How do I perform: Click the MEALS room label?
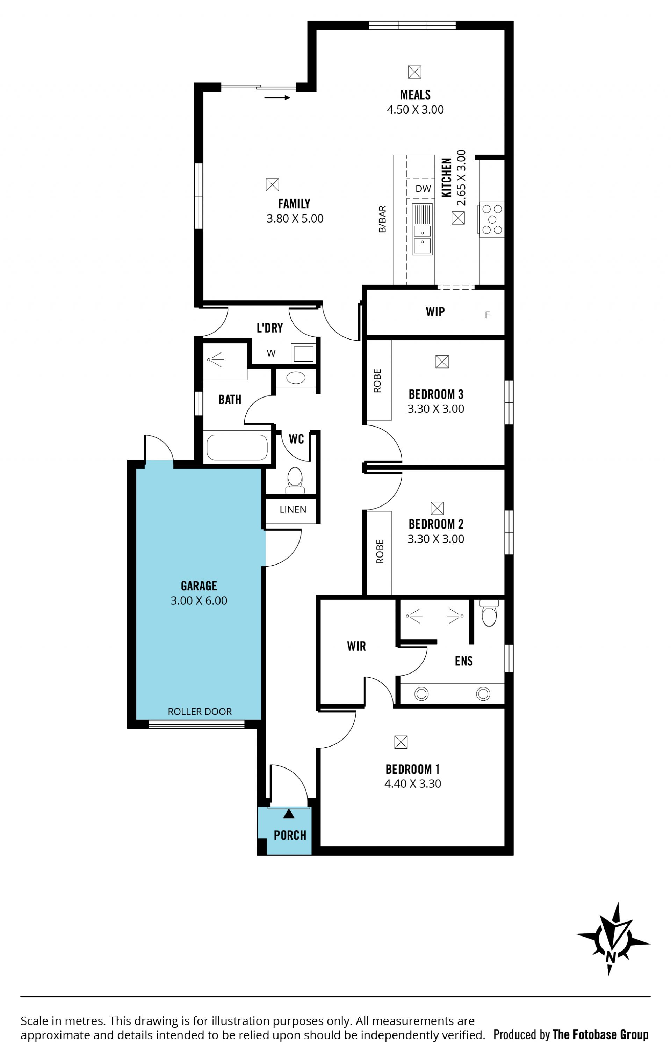click(415, 95)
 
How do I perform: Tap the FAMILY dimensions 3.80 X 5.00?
click(295, 219)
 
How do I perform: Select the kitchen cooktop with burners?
click(492, 219)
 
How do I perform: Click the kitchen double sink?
click(422, 229)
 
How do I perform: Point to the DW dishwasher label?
click(423, 189)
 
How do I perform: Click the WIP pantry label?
click(435, 312)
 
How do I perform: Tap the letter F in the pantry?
click(487, 315)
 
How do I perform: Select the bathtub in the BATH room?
click(237, 447)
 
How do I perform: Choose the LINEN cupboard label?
click(293, 509)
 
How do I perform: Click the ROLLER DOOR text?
click(200, 712)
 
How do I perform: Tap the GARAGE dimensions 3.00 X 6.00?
click(199, 600)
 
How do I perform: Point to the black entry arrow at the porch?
click(288, 814)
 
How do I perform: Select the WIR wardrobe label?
click(356, 646)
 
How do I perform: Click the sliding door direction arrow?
click(277, 97)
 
